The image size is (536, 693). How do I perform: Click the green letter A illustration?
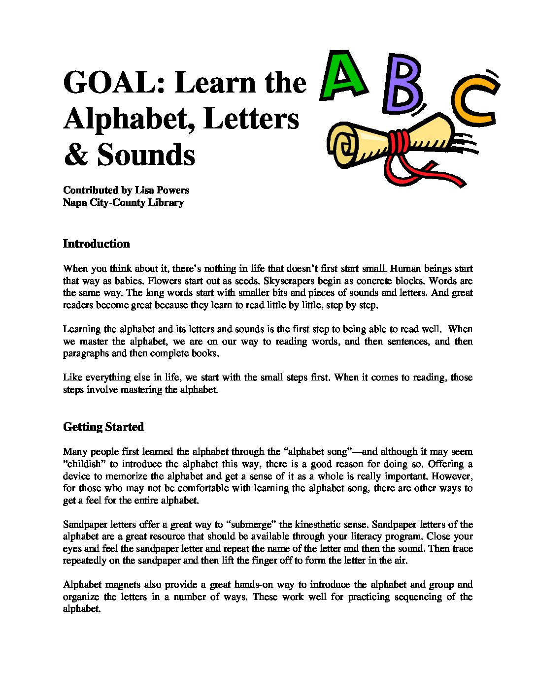coord(343,76)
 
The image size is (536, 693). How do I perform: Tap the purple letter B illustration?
coord(402,83)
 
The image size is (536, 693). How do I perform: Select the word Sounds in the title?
coord(146,155)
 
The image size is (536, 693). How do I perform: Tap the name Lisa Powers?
coord(162,190)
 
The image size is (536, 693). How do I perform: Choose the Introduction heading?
coord(96,244)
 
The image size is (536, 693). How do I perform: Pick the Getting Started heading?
coord(103,427)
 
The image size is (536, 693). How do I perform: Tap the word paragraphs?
coord(86,353)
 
